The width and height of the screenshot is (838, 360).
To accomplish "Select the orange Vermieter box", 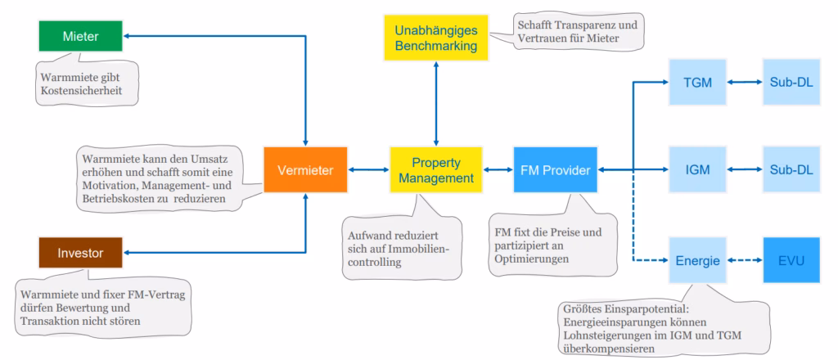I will coord(304,169).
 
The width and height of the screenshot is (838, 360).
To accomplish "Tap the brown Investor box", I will coord(79,253).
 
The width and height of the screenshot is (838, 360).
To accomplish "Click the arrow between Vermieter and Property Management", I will coord(368,169).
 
